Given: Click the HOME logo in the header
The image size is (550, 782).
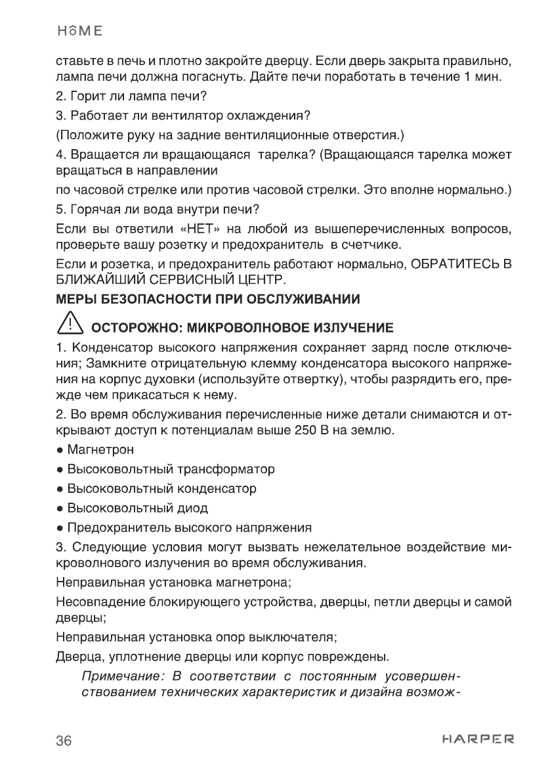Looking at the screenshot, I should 79,31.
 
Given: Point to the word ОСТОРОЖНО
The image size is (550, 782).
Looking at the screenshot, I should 133,327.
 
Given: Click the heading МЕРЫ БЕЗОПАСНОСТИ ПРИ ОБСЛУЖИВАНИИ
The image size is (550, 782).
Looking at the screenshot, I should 208,300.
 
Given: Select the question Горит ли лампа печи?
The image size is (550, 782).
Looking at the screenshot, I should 131,97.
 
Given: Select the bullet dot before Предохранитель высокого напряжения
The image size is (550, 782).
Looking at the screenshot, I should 60,528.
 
